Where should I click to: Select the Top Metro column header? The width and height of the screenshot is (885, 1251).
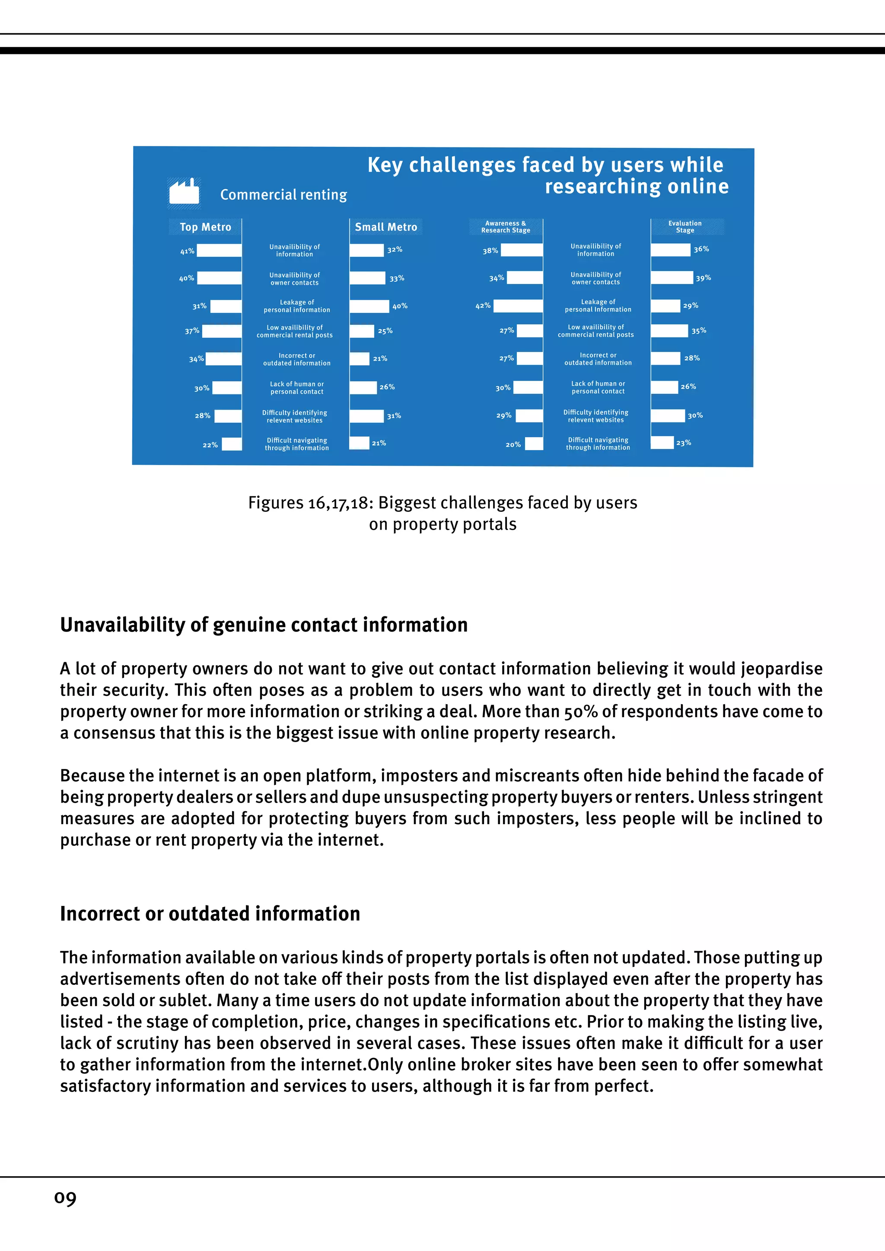(205, 227)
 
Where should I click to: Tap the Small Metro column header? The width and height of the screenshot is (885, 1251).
(386, 227)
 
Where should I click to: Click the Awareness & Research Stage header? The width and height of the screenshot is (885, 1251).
(506, 227)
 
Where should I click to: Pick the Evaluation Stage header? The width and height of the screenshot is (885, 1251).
(685, 227)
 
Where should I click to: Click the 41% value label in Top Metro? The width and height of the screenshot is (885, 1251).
(188, 251)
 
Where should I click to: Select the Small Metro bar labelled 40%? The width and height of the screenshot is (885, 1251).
(369, 306)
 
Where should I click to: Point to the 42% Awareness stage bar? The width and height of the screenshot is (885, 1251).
(518, 306)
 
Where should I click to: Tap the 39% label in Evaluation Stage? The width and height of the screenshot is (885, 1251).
(704, 278)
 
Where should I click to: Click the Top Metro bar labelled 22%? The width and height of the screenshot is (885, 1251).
(232, 444)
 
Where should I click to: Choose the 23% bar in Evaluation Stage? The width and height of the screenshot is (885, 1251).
(662, 442)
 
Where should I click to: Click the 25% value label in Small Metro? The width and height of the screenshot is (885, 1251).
(385, 331)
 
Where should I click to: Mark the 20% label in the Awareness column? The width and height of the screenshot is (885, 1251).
(513, 445)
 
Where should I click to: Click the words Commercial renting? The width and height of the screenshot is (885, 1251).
(283, 194)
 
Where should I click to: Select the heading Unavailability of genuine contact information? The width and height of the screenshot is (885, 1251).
(264, 625)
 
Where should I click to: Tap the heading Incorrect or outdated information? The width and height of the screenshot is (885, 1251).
(210, 914)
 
